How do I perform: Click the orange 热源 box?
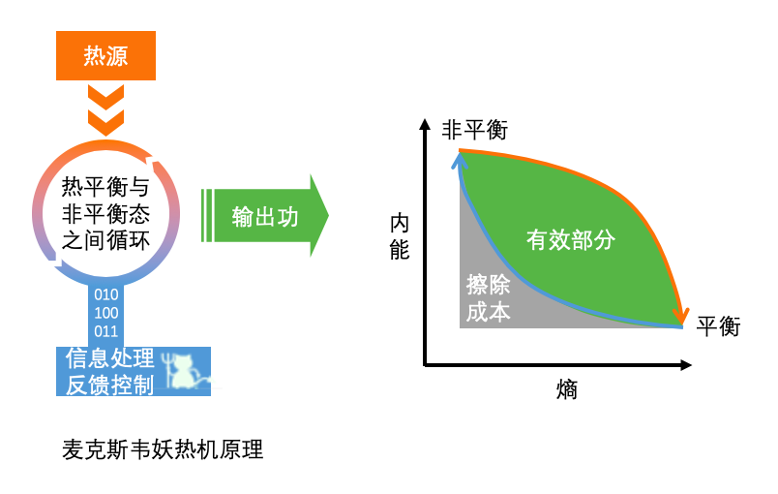tap(105, 54)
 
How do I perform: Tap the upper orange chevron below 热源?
tap(105, 97)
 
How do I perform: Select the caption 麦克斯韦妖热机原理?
tap(163, 451)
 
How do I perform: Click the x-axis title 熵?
tap(567, 389)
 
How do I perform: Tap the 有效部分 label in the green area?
tap(570, 239)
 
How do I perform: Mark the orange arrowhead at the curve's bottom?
tap(682, 317)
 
